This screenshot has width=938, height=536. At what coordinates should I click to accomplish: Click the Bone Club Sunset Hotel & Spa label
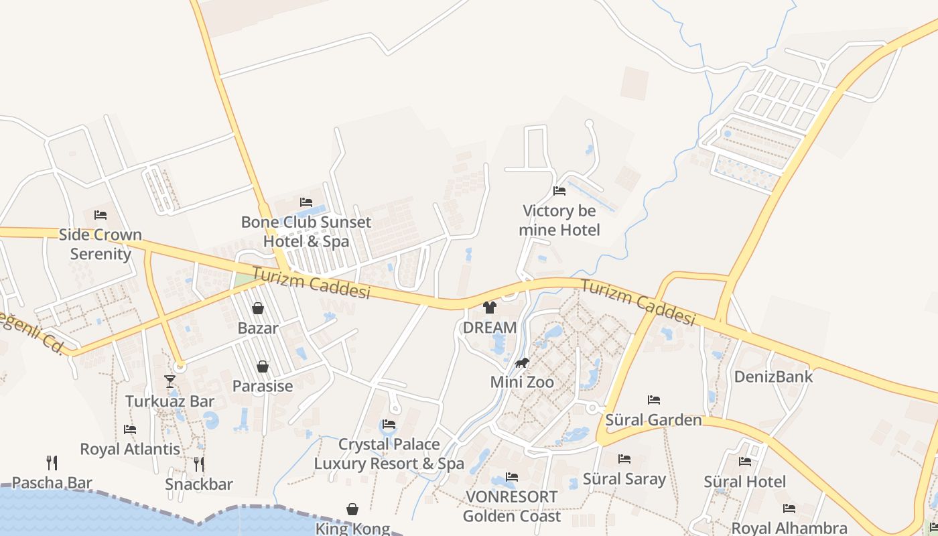coord(306,232)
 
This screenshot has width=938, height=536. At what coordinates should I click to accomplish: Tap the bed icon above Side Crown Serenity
coord(100,215)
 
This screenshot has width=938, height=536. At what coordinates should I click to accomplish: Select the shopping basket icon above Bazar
coord(258,308)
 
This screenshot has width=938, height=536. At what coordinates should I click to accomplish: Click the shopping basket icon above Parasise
coord(263,366)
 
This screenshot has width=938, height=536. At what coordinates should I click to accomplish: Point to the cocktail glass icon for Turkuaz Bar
coord(170,381)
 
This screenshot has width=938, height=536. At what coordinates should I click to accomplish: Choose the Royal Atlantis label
coord(130,449)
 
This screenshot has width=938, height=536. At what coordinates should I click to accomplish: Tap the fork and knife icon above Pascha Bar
coord(52,462)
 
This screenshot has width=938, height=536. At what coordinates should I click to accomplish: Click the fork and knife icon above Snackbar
coord(199,464)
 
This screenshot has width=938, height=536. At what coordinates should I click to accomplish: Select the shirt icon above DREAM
coord(490,308)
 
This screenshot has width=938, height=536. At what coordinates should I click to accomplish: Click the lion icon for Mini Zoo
coord(522,363)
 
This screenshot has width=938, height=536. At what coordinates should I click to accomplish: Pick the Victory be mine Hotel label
coord(559,220)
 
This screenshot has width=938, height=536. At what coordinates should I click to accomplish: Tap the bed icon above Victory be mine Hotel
coord(559,191)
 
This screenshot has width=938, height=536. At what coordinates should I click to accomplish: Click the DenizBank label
coord(773,377)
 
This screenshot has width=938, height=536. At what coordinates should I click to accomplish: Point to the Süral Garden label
coord(653,420)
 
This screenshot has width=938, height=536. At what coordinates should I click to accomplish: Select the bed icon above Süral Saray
coord(624,459)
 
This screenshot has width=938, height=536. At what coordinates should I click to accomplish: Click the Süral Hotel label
coord(744,482)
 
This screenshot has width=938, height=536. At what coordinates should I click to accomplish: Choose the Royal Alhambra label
coord(789,529)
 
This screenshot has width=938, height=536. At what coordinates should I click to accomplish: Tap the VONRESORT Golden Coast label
coord(511,507)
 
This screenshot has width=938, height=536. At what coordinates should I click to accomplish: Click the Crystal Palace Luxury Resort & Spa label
coord(389,454)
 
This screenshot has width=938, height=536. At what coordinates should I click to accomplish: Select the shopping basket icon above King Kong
coord(352,510)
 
